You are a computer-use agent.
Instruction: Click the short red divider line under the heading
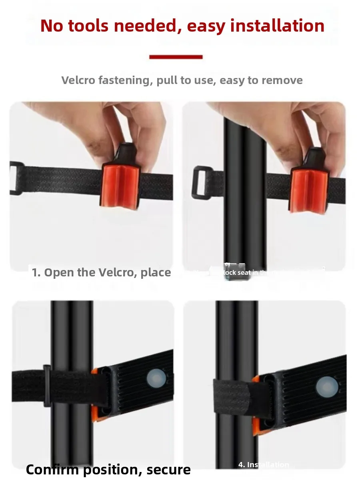176,57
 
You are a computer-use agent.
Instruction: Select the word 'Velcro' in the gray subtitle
78,80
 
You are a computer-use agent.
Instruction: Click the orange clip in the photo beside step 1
308,190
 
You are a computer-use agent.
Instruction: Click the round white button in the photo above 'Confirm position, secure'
154,378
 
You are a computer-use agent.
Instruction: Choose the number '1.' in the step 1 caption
36,273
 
